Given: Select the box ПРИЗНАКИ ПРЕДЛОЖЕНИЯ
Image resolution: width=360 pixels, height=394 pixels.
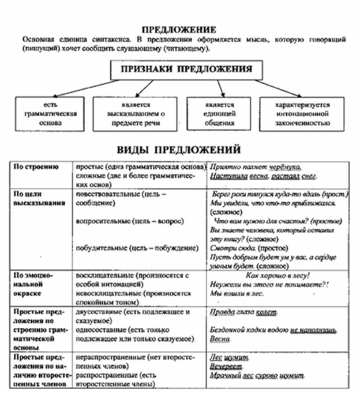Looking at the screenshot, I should [187, 70].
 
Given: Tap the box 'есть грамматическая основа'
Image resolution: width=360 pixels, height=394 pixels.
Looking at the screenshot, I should [50, 114].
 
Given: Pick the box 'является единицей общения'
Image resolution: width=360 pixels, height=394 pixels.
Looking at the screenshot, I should [220, 114].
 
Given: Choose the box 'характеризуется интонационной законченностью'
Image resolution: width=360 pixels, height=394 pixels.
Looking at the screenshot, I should [302, 114].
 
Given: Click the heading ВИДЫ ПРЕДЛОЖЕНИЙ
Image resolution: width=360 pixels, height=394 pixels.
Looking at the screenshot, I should [179, 150].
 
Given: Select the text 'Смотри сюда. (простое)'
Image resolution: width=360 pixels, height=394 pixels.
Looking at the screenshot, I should [247, 249].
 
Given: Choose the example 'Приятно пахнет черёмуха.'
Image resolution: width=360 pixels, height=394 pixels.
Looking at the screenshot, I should [255, 167].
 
